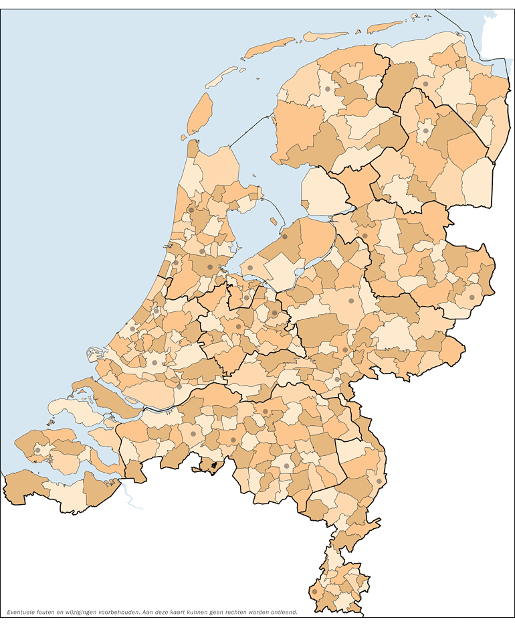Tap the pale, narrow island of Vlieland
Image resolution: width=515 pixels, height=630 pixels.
[221, 77]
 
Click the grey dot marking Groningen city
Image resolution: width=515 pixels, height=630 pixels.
[425, 84]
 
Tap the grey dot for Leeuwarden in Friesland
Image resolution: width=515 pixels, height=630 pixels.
[328, 89]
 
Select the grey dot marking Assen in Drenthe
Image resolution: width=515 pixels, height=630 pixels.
[425, 131]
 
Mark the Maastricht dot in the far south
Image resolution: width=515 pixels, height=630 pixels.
[314, 591]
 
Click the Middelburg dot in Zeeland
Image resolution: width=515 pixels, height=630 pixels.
[38, 450]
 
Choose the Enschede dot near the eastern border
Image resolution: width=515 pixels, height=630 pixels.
[472, 297]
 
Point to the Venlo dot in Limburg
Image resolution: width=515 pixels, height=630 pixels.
[379, 481]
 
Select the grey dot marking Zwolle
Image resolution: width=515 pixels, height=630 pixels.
[365, 236]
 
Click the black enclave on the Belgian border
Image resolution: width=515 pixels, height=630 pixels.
[214, 465]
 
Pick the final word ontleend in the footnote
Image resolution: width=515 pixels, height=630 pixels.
[283, 612]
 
